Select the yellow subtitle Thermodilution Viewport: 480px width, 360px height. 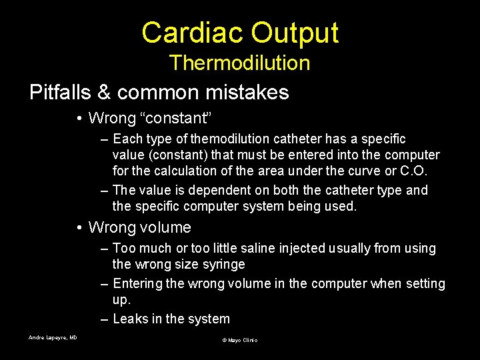[x=239, y=63]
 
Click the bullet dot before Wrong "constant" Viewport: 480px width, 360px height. [x=79, y=119]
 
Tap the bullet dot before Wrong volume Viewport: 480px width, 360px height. [x=79, y=228]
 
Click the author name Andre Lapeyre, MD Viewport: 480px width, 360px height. [x=53, y=338]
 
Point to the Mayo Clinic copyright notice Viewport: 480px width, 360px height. [x=239, y=341]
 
